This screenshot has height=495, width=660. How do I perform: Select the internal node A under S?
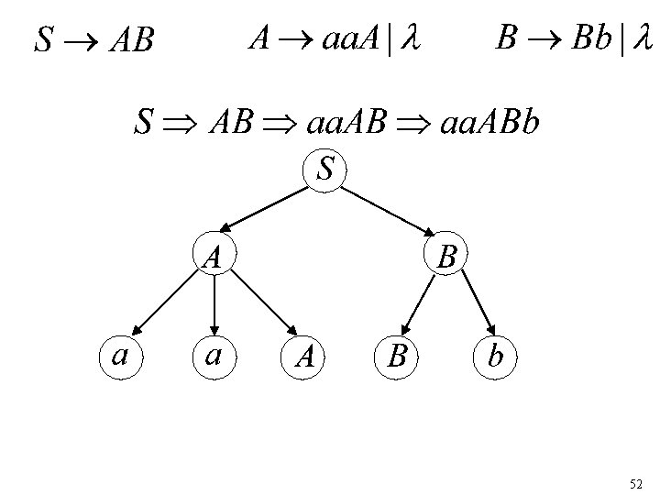[213, 256]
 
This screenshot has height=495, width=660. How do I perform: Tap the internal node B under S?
[447, 256]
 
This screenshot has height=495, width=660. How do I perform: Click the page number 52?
[636, 482]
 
